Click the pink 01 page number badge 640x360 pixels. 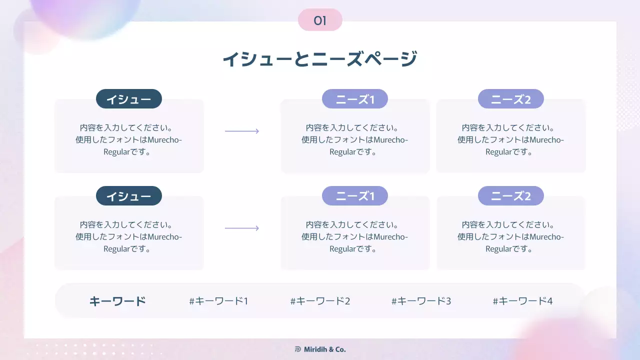tap(320, 20)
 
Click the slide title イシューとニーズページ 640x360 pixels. tap(319, 59)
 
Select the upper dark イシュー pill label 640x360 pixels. tap(129, 99)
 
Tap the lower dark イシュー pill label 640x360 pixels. tap(129, 196)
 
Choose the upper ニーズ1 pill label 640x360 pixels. tap(355, 99)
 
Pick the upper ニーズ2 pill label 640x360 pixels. tap(511, 99)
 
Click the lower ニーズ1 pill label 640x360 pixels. tap(355, 196)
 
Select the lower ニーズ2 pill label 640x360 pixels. tap(511, 196)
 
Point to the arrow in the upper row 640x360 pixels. tap(242, 131)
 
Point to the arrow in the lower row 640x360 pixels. tap(242, 228)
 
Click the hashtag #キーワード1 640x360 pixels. tap(218, 301)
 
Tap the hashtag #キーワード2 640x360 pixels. tap(320, 301)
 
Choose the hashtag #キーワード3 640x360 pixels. tap(421, 301)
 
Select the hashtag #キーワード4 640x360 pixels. tap(522, 301)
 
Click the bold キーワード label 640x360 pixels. tap(117, 301)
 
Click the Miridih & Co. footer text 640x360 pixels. tap(325, 349)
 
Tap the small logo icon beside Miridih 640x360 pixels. tap(298, 349)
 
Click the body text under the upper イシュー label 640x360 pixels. tap(129, 139)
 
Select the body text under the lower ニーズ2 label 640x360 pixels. tap(511, 236)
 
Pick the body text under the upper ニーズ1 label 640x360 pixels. tap(355, 139)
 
